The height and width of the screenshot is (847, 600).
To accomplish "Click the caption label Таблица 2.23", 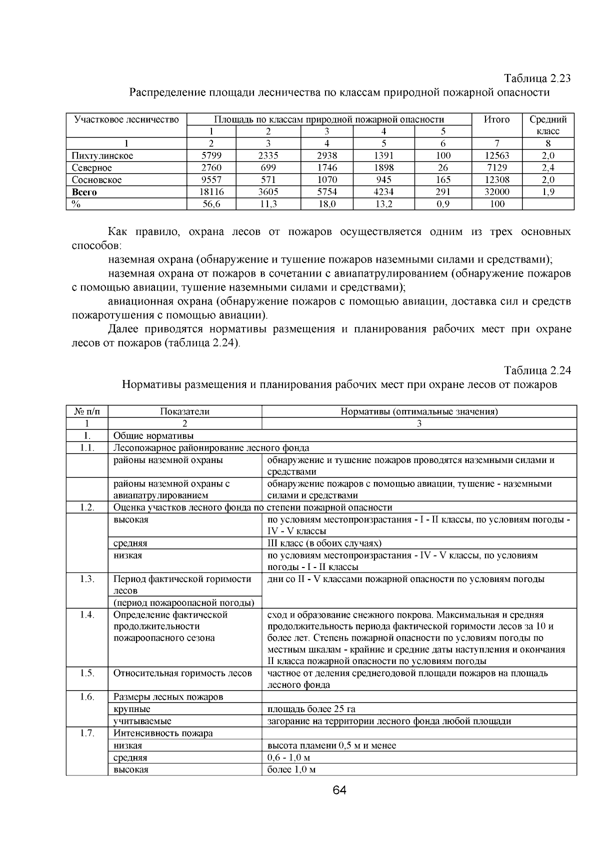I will (537, 79).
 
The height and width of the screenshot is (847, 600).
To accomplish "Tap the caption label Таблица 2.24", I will (537, 370).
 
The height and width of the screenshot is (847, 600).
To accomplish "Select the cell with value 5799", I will (211, 155).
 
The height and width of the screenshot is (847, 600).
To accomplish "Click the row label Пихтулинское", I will (102, 155).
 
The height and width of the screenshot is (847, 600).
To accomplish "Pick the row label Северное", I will (92, 167).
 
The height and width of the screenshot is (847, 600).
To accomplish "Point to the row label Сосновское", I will (97, 179).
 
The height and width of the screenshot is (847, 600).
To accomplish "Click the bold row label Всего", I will (84, 192).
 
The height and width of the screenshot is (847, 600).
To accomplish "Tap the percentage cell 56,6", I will (211, 204).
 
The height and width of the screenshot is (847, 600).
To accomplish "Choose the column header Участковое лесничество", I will (126, 119).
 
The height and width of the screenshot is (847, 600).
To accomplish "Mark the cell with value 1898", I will (383, 167).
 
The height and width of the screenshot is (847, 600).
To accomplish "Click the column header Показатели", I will (184, 411).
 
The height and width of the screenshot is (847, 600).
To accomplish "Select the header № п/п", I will (87, 411).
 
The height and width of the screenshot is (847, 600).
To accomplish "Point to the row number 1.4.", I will (87, 614).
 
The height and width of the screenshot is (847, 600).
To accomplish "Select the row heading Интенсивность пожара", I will (163, 733).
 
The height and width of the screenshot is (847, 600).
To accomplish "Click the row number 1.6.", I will (87, 696).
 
